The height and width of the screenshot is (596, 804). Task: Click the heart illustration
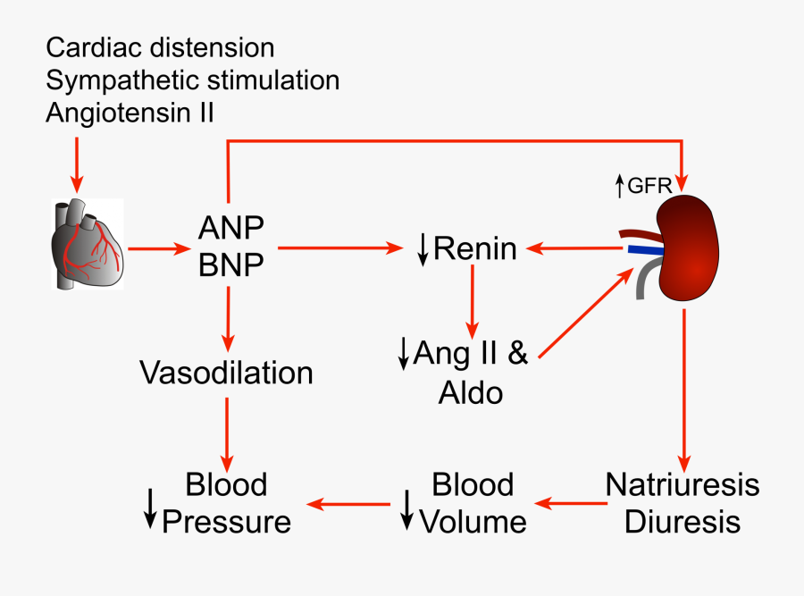[x=85, y=244]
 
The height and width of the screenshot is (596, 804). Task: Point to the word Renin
[x=474, y=249]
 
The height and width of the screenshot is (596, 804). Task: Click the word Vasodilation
[x=227, y=372]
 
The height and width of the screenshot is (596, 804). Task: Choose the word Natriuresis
[x=683, y=484]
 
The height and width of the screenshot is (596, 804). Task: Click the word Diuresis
[x=683, y=522]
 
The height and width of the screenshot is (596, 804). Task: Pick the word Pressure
[x=226, y=522]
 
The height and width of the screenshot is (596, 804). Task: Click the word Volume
[x=473, y=522]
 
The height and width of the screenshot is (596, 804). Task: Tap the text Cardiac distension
[x=160, y=46]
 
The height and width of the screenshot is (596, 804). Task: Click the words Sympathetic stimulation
[x=192, y=80]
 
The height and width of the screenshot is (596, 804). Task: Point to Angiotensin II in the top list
[x=130, y=113]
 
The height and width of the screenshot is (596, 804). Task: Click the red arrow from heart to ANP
[x=160, y=248]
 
